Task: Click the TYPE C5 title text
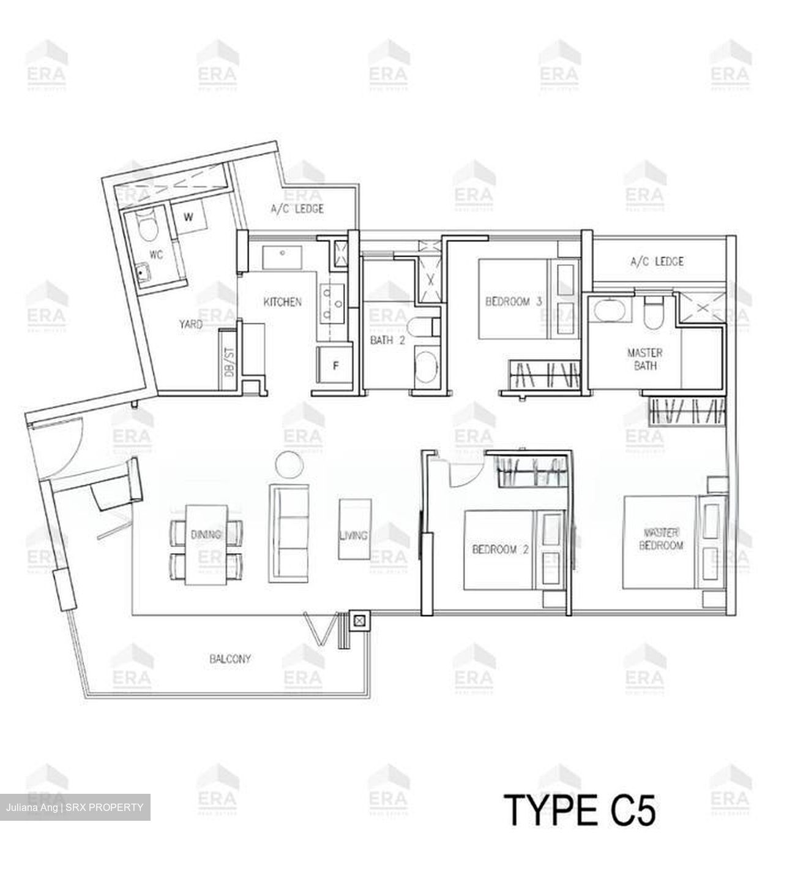point(579,810)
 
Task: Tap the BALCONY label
point(230,659)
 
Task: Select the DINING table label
point(206,535)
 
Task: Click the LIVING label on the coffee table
point(353,535)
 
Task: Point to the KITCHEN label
point(282,302)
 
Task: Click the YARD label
point(191,324)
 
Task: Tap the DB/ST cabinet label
point(230,361)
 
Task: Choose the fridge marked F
point(335,366)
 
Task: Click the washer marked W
point(188,217)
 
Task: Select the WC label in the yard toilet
point(156,255)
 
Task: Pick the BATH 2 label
point(387,341)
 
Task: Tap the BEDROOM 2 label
point(499,549)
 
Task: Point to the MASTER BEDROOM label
point(661,538)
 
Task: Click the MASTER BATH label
point(644,359)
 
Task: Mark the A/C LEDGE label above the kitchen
point(297,209)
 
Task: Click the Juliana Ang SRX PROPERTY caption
point(76,807)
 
